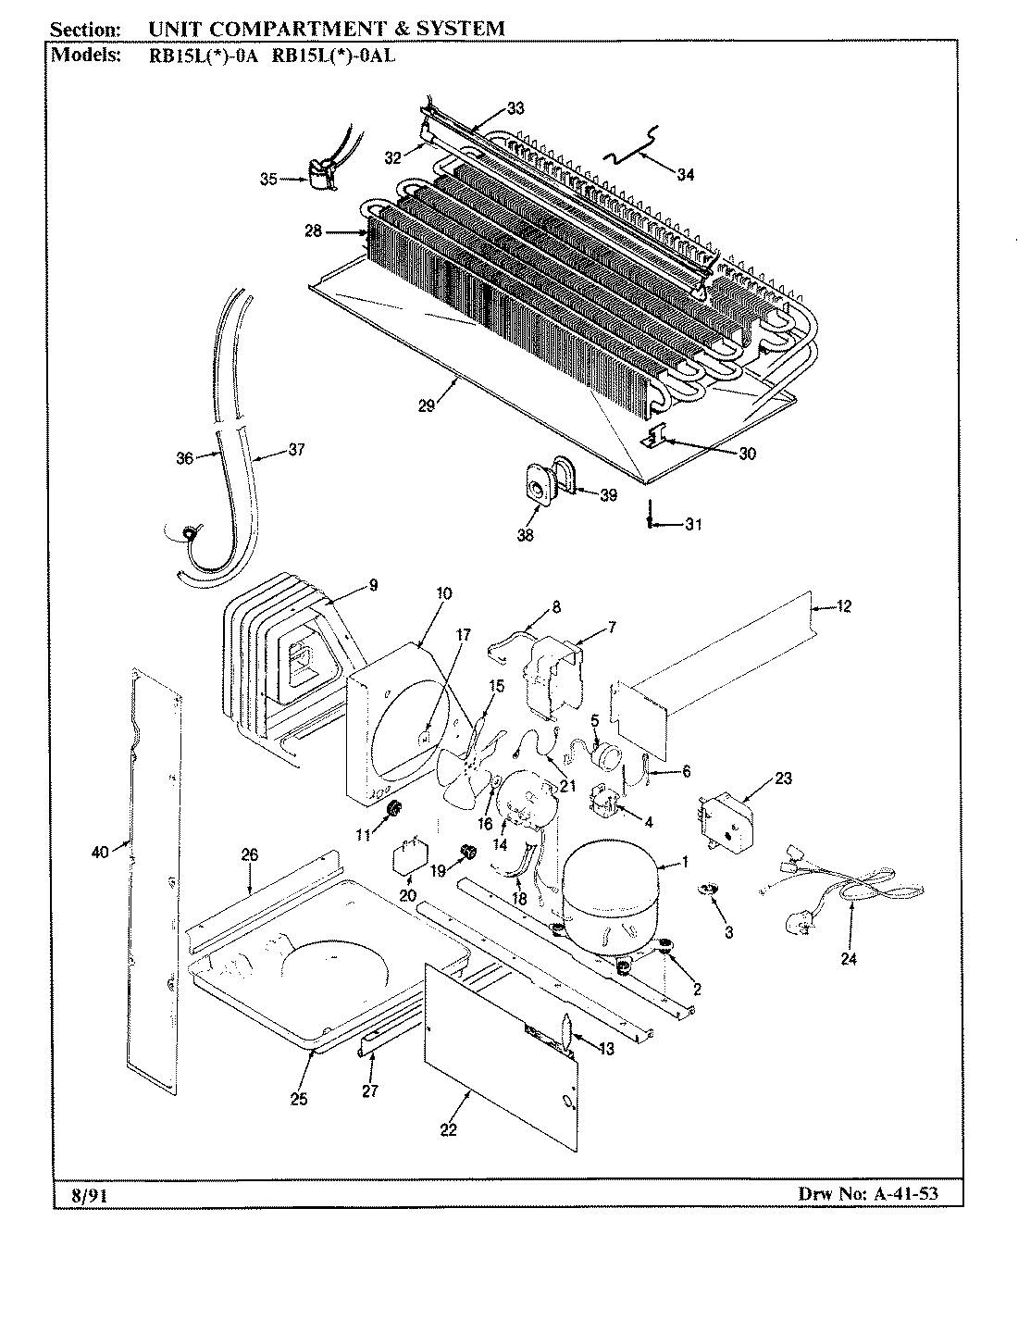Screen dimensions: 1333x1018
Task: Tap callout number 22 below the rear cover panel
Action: tap(449, 1129)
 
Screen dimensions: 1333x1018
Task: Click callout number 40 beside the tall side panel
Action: tap(100, 853)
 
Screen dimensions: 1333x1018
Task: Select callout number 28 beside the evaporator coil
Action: tap(313, 231)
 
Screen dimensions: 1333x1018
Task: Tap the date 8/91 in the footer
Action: tap(90, 1195)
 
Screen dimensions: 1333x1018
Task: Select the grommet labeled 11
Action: tap(392, 809)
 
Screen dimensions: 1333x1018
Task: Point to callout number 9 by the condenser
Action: tap(372, 583)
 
